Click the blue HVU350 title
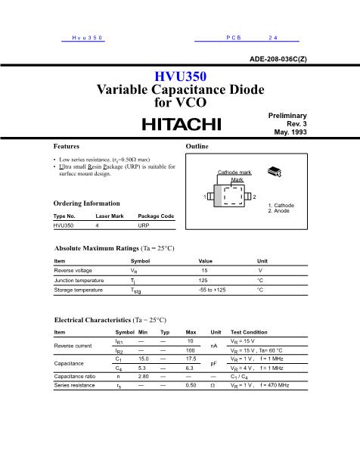tap(180, 76)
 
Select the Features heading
tap(67, 145)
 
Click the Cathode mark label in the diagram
tap(234, 172)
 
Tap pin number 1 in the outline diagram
tap(204, 197)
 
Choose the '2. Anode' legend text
tap(281, 211)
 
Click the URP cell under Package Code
tap(144, 225)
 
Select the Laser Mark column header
tap(109, 216)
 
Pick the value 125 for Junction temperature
tap(203, 280)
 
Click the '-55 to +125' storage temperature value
tap(211, 290)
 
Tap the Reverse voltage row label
tap(73, 270)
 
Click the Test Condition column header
tap(249, 332)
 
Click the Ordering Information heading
tap(87, 203)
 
